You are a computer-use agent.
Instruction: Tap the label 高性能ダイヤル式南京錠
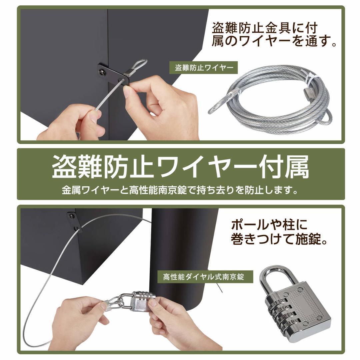pyautogui.click(x=203, y=277)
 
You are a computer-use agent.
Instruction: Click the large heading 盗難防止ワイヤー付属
pyautogui.click(x=180, y=166)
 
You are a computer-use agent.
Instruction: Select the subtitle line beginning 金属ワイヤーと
pyautogui.click(x=180, y=190)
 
